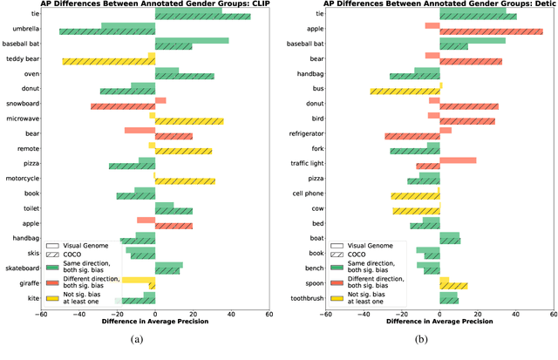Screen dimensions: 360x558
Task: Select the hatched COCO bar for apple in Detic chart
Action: pyautogui.click(x=491, y=31)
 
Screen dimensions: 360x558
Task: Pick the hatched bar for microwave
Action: pyautogui.click(x=189, y=121)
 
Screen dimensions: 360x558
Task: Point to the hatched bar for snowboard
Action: pyautogui.click(x=123, y=106)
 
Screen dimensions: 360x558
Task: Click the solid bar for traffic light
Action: pyautogui.click(x=458, y=160)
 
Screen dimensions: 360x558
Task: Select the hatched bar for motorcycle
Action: pyautogui.click(x=185, y=181)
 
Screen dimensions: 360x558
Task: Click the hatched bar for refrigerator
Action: pyautogui.click(x=412, y=136)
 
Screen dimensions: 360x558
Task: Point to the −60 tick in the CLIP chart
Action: pyautogui.click(x=41, y=315)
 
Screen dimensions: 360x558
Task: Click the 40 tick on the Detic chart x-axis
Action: pyautogui.click(x=515, y=315)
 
